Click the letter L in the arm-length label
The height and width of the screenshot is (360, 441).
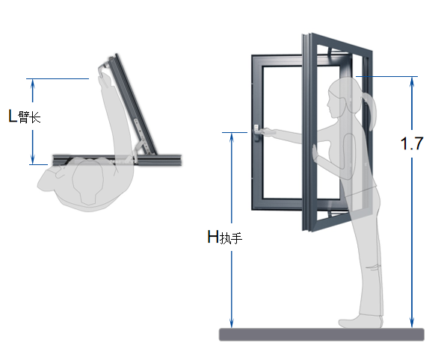pos(13,116)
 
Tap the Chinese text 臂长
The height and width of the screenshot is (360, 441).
pos(29,117)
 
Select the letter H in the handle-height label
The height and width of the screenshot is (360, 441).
pos(213,237)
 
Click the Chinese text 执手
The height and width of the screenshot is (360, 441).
pos(231,238)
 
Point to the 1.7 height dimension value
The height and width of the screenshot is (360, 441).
pos(412,143)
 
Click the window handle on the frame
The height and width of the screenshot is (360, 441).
pos(256,132)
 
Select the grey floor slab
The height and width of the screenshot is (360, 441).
pos(321,335)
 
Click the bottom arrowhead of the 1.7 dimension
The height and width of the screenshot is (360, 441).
pos(412,323)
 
